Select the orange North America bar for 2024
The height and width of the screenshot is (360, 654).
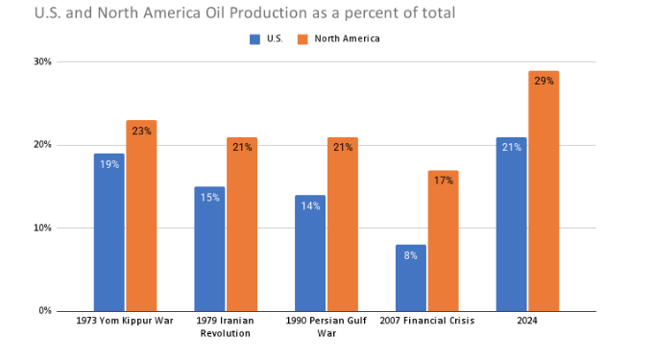(543, 191)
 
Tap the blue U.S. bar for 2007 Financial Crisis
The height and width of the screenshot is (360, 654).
(410, 278)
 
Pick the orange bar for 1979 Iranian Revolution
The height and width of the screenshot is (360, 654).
(241, 225)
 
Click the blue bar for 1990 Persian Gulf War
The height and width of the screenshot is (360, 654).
(309, 253)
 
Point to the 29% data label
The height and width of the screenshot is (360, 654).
(543, 81)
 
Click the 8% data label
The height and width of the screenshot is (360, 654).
(410, 255)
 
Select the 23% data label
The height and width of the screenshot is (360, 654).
(141, 131)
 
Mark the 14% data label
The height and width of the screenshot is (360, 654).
(309, 205)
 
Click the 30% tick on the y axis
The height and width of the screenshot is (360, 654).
(42, 62)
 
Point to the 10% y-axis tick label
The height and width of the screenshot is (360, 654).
(42, 228)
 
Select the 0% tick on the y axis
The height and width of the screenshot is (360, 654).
(45, 311)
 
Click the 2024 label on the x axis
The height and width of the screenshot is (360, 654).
(526, 321)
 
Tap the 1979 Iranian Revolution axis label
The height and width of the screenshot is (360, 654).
(225, 326)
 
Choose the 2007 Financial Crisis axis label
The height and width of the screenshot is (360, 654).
(426, 321)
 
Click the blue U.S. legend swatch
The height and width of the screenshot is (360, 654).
(254, 39)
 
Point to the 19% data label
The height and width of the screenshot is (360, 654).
(109, 164)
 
